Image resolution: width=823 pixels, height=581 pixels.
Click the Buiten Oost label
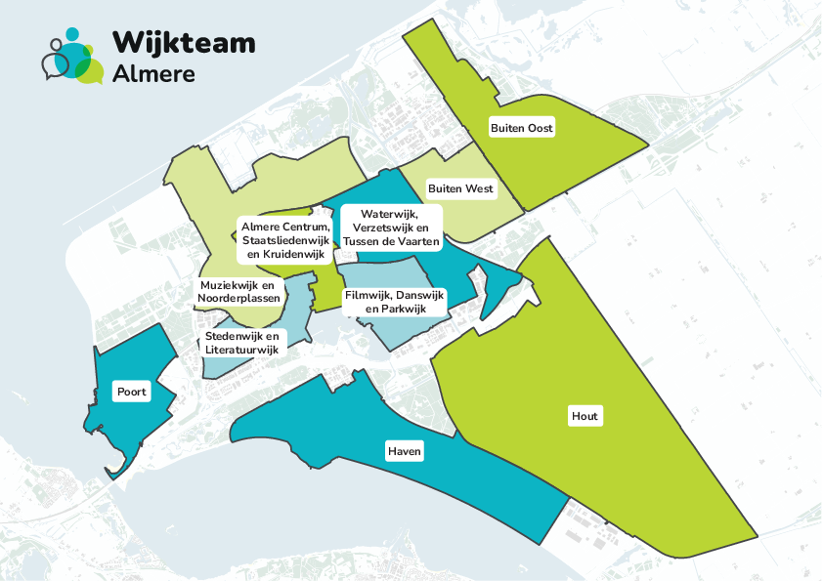tap(521, 128)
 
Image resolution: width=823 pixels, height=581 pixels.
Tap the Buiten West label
tap(460, 188)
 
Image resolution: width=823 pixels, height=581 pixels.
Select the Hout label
tap(585, 416)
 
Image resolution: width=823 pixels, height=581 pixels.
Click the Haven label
tap(404, 451)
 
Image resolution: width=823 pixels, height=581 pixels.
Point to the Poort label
tap(131, 392)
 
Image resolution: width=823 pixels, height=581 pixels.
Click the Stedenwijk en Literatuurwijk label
tap(241, 342)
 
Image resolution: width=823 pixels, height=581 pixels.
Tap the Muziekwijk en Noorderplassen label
tap(239, 291)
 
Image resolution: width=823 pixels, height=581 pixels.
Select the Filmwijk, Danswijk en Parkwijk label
tap(395, 301)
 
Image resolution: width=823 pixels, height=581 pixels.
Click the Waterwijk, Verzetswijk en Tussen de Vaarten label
tap(389, 227)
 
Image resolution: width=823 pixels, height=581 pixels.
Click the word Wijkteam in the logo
tap(184, 42)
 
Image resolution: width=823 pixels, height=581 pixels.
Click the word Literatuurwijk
tap(242, 349)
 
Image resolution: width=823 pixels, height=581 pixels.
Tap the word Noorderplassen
tap(239, 298)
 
